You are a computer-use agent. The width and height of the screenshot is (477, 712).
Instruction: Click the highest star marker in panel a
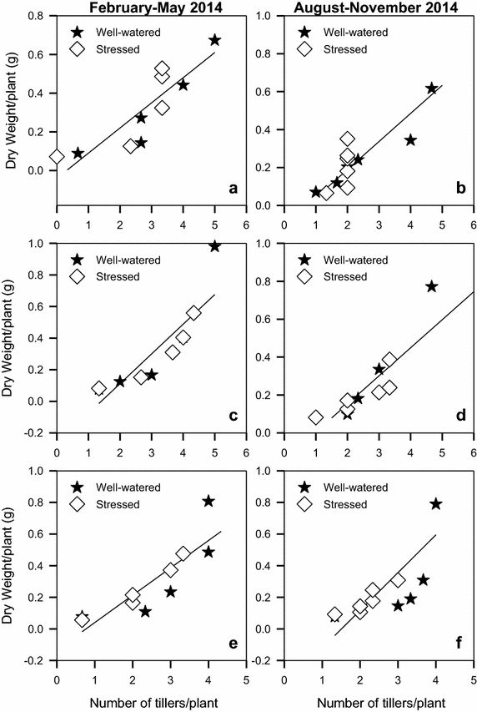coord(214,40)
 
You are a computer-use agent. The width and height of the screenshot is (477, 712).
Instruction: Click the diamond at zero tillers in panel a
coord(57,156)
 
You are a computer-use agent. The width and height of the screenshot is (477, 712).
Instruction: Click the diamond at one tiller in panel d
coord(315,417)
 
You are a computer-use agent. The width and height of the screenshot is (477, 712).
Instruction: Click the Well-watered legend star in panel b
coord(305,32)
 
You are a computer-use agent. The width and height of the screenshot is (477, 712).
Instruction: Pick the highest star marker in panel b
coord(431,88)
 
